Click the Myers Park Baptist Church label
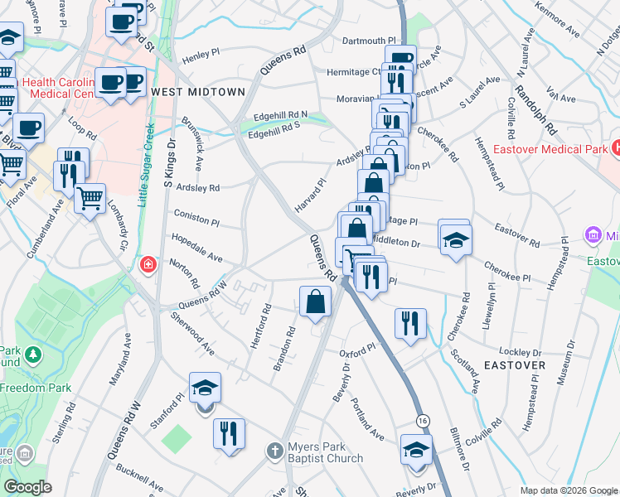point(325,452)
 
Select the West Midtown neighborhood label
point(197,91)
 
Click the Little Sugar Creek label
point(148,162)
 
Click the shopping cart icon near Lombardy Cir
point(90,197)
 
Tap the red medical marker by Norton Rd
point(148,265)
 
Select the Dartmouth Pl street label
point(370,41)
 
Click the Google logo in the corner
point(28,487)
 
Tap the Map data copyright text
point(567,490)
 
